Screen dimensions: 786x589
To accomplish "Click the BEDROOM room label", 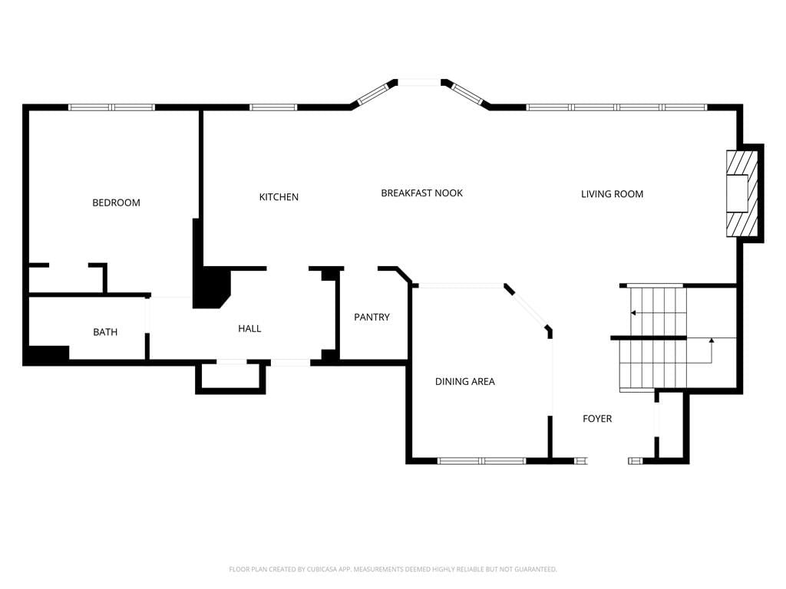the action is pyautogui.click(x=117, y=202).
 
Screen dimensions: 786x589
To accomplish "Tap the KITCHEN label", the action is pyautogui.click(x=279, y=197).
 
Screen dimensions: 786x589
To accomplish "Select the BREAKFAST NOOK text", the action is pyautogui.click(x=421, y=193).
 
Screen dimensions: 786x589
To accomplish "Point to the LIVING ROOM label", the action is pyautogui.click(x=612, y=194).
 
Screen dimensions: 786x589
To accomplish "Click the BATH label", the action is pyautogui.click(x=105, y=332).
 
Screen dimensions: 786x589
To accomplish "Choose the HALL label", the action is pyautogui.click(x=249, y=328).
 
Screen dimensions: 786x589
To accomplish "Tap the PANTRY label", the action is pyautogui.click(x=372, y=317).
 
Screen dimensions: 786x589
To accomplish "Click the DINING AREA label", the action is pyautogui.click(x=465, y=382).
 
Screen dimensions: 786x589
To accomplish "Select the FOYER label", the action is pyautogui.click(x=597, y=419).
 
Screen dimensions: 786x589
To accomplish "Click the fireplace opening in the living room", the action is pyautogui.click(x=738, y=193).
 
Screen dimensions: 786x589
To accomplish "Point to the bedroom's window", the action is pyautogui.click(x=111, y=107).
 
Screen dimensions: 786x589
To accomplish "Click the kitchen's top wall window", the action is pyautogui.click(x=273, y=107).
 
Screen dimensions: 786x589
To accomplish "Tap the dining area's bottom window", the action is pyautogui.click(x=482, y=461).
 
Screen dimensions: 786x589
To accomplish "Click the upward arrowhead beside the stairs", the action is pyautogui.click(x=712, y=341).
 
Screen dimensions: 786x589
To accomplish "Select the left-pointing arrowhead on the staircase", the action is pyautogui.click(x=633, y=313).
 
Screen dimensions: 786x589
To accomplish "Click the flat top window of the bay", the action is pyautogui.click(x=420, y=83).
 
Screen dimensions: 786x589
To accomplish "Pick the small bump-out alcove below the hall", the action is pyautogui.click(x=230, y=377).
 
